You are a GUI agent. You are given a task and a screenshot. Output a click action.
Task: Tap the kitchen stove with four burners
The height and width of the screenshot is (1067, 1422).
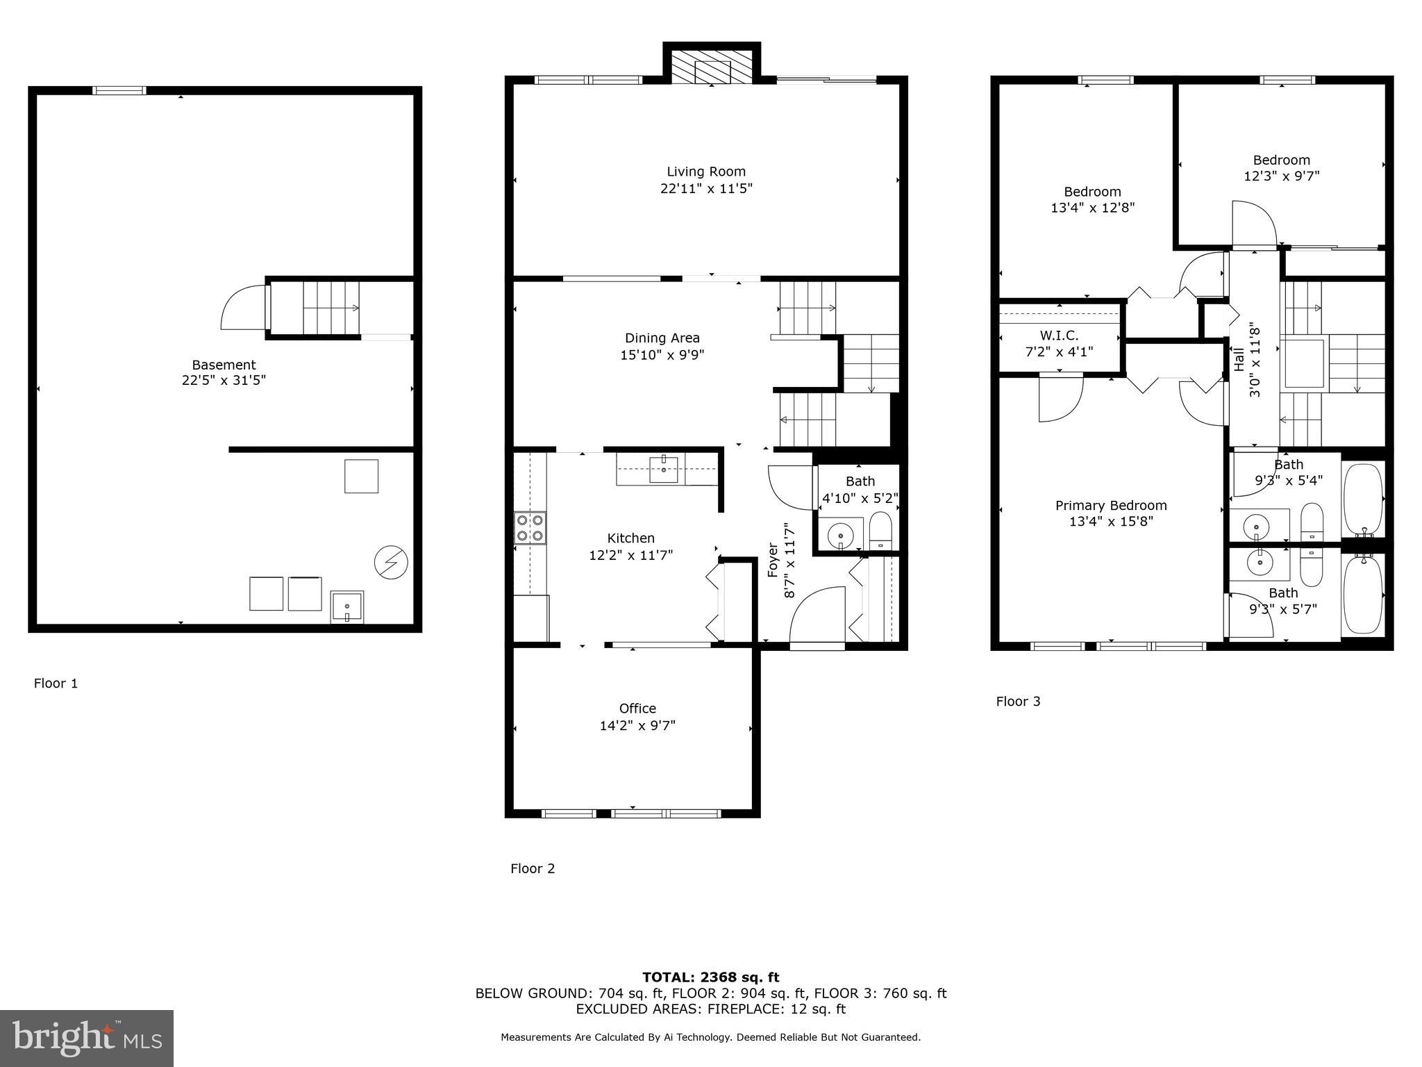click(530, 527)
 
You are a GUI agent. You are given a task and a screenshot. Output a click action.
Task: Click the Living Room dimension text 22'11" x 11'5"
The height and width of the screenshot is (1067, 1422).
click(706, 188)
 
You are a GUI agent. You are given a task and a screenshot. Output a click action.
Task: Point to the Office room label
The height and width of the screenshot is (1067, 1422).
click(637, 708)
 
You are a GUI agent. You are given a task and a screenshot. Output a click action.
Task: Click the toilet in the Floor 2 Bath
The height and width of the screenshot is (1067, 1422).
click(880, 531)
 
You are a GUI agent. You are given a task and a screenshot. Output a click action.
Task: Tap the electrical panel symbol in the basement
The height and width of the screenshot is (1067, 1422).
click(391, 562)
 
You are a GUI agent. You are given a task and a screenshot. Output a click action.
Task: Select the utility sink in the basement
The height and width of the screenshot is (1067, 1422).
click(346, 607)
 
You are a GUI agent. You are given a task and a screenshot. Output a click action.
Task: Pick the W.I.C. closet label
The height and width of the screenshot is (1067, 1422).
click(1059, 336)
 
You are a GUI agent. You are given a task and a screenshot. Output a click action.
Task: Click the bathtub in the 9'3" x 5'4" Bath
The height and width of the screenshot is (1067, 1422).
click(1363, 498)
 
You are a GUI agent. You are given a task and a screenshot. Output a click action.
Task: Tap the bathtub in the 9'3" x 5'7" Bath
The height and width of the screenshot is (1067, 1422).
click(1363, 594)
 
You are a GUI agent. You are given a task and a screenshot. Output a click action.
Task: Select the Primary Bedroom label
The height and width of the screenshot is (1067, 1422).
click(1111, 506)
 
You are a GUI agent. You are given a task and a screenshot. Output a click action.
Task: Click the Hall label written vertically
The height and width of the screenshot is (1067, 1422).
click(1239, 359)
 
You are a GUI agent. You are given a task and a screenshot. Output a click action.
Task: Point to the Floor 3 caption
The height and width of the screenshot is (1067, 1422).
click(1018, 701)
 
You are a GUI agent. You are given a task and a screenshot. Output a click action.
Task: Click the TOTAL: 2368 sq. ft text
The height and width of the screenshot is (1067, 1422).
click(710, 977)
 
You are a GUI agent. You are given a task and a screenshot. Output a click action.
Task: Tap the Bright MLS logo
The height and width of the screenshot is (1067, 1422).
click(87, 1038)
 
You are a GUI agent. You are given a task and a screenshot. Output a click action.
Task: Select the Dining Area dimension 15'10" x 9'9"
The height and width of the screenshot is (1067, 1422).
click(662, 355)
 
